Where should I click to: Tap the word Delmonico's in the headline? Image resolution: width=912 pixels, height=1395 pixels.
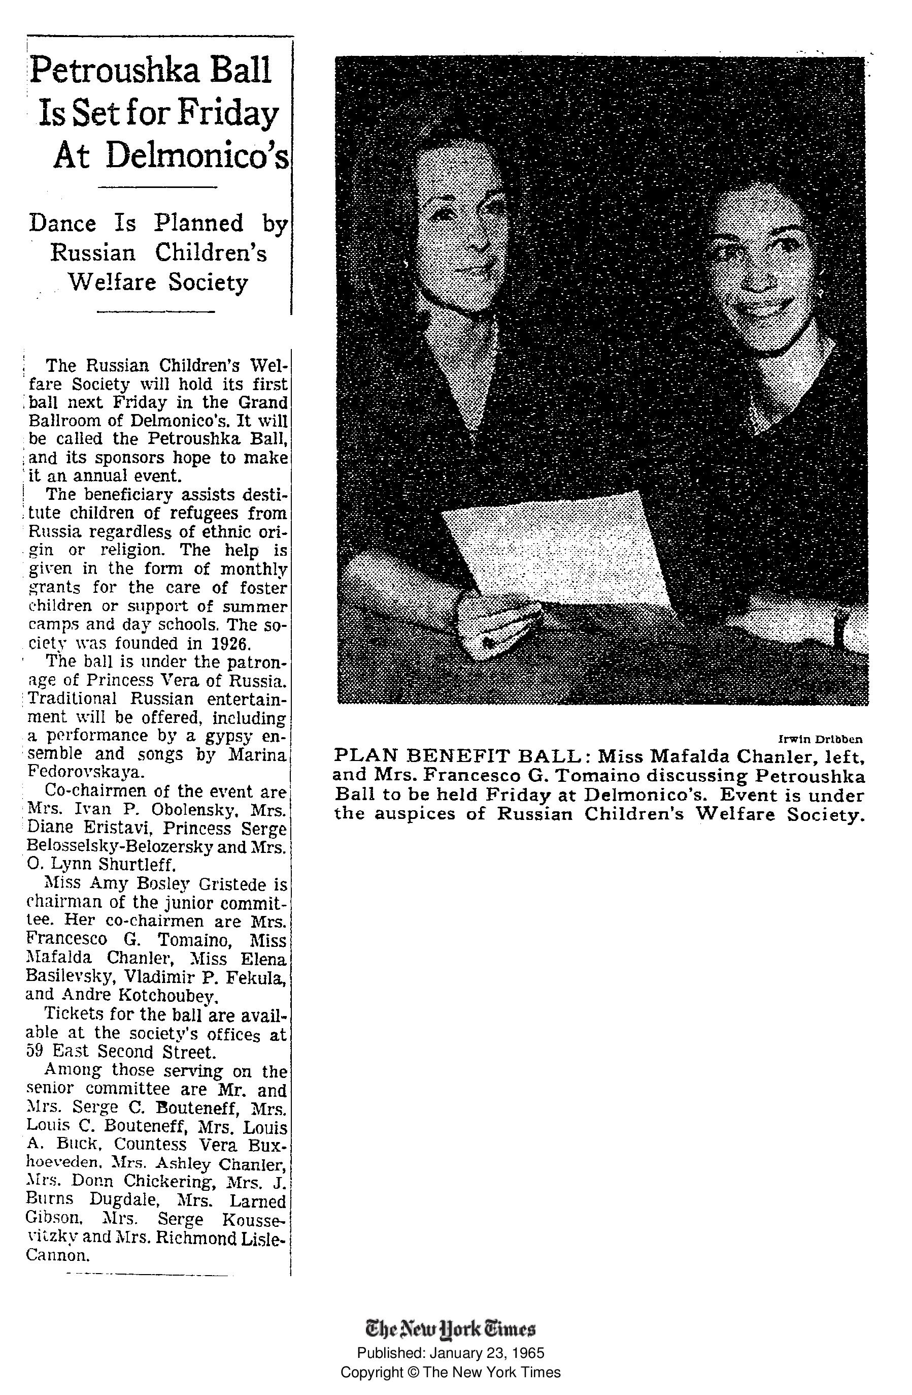coord(197,155)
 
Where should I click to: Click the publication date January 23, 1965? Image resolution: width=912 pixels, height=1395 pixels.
coord(487,1353)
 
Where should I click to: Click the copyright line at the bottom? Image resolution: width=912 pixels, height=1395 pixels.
coord(451,1372)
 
